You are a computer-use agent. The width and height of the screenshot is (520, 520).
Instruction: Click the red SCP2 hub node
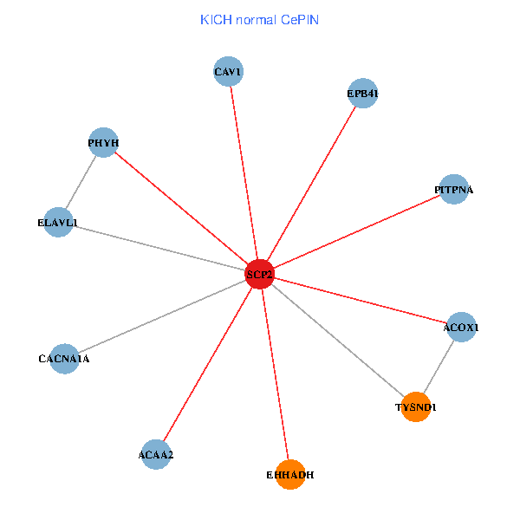[259, 274]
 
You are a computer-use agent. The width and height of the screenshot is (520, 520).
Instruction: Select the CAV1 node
[228, 71]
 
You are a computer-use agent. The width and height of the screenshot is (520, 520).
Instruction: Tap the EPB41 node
[363, 94]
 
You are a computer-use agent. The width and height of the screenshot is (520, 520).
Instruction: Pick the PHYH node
[103, 143]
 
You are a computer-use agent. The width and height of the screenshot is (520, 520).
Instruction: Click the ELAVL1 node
[58, 223]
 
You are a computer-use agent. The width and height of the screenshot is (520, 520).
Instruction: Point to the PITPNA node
[454, 189]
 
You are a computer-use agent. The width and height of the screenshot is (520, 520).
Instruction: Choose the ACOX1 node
[461, 328]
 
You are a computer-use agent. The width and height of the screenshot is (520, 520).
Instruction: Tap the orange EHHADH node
[290, 474]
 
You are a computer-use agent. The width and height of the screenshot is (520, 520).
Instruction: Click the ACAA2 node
[156, 454]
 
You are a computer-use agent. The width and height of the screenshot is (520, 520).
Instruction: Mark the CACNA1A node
[64, 358]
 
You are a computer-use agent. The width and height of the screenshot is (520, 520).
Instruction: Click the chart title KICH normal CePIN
[259, 19]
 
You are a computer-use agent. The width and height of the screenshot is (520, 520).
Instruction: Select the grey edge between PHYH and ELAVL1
[81, 183]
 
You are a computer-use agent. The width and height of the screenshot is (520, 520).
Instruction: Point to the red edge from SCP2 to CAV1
[244, 172]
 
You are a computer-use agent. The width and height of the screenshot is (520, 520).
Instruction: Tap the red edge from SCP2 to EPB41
[311, 184]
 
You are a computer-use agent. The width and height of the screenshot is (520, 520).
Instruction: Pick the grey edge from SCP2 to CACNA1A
[162, 315]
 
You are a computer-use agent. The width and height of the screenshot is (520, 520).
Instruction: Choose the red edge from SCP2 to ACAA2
[208, 364]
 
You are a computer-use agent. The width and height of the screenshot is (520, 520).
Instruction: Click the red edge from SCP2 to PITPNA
[356, 231]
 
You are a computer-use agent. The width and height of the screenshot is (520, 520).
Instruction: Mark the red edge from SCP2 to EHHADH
[275, 374]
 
